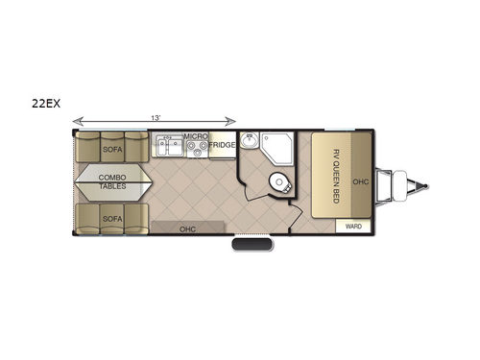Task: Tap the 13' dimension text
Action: (155, 117)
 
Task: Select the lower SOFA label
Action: (110, 219)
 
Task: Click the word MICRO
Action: (196, 137)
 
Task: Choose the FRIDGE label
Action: (222, 145)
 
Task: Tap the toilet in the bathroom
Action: (280, 181)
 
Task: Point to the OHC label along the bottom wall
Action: (188, 228)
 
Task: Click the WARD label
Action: (352, 227)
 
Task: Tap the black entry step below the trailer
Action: (252, 248)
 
